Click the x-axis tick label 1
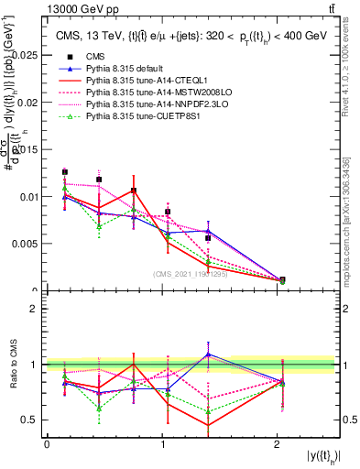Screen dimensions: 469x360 point(162,444)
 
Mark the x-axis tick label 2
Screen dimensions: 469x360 point(278,444)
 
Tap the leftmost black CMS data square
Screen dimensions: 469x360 point(65,171)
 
